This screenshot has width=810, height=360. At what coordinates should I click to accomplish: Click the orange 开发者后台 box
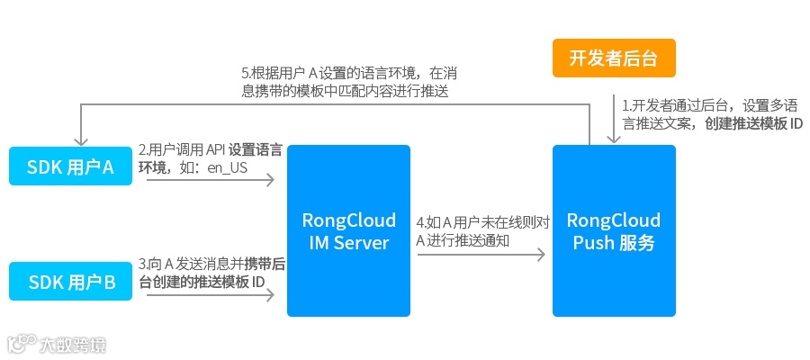click(x=614, y=59)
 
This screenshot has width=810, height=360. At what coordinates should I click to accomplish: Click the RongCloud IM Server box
click(x=348, y=230)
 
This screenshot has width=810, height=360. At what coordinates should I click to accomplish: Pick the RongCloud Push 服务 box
click(x=614, y=230)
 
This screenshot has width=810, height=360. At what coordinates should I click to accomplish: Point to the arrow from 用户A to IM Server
click(x=211, y=181)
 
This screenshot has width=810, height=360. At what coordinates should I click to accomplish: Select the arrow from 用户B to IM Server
click(x=211, y=298)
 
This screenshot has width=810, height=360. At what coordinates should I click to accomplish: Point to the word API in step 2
click(x=216, y=149)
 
